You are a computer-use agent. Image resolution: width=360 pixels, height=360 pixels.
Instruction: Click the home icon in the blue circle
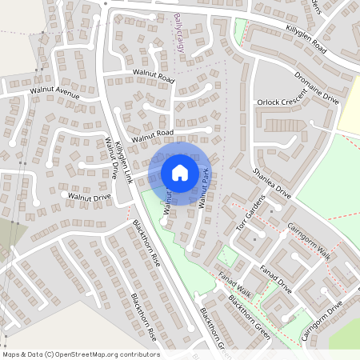coord(180,172)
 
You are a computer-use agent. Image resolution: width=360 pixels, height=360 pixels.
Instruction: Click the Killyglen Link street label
coord(122,161)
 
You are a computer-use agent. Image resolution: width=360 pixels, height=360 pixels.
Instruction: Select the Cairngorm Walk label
coord(309,239)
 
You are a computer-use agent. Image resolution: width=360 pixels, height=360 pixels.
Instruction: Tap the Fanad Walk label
coord(234,284)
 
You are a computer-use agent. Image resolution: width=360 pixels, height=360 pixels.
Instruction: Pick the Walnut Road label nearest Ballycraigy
coord(154,77)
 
